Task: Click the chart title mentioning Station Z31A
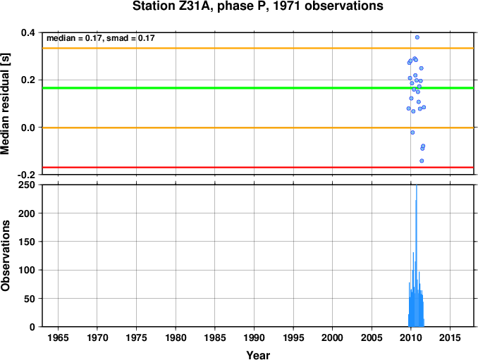click(x=258, y=6)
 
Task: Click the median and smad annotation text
click(x=101, y=38)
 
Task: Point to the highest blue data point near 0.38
click(x=417, y=37)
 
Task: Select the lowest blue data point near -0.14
click(x=422, y=161)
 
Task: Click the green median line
click(x=258, y=88)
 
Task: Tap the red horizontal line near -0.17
click(x=258, y=167)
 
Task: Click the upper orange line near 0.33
click(x=258, y=48)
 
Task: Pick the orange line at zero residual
click(x=258, y=128)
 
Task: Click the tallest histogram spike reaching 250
click(x=417, y=256)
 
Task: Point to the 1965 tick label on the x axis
click(x=58, y=337)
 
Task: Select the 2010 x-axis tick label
click(x=411, y=337)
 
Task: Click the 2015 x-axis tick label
click(x=450, y=337)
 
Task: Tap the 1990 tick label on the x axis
click(x=254, y=337)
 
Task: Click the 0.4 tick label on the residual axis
click(x=28, y=32)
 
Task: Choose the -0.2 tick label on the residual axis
click(x=26, y=175)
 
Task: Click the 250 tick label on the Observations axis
click(x=27, y=185)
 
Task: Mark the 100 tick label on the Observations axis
click(x=27, y=270)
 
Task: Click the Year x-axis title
click(x=258, y=355)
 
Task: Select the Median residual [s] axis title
click(x=5, y=104)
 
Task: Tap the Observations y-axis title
click(x=5, y=256)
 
